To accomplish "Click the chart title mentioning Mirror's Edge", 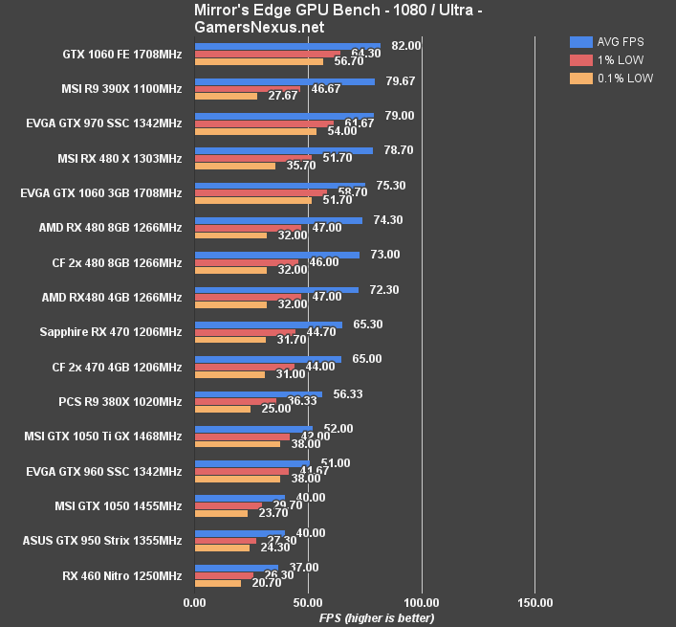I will (x=338, y=18).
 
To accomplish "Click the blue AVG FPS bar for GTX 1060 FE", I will (x=287, y=45).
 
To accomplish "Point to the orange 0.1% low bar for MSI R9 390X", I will (x=226, y=96).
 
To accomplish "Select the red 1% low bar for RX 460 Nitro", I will (x=224, y=575).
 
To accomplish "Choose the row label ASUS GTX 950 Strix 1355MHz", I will (x=102, y=541).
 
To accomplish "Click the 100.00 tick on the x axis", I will (x=422, y=603).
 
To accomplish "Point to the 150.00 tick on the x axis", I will (x=535, y=603).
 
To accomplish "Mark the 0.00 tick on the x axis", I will (x=194, y=603).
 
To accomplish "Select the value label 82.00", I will (x=406, y=45).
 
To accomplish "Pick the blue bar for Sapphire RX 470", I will (x=268, y=325).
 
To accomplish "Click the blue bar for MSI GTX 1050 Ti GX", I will (x=253, y=429).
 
